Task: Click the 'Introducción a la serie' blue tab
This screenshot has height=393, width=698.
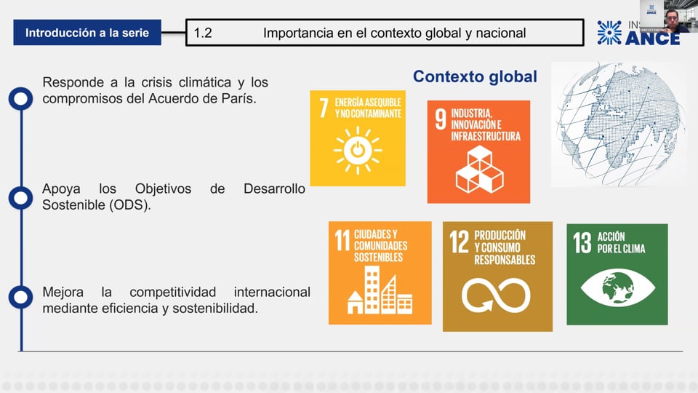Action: (87, 33)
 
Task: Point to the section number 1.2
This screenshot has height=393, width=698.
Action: (203, 33)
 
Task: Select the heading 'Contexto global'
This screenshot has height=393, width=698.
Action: (475, 76)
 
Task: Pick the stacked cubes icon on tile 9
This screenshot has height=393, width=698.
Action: (478, 169)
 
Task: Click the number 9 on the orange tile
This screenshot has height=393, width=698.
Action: (441, 120)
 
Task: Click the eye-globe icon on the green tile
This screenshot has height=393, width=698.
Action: (617, 288)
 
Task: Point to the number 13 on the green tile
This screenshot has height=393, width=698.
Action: (582, 243)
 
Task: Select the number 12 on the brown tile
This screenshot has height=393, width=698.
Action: (459, 242)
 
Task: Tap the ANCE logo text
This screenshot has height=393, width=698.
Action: (652, 37)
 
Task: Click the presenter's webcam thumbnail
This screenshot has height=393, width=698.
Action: (664, 16)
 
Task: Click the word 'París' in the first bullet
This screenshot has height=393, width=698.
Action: (239, 98)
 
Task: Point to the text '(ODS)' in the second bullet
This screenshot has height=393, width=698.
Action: (131, 205)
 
